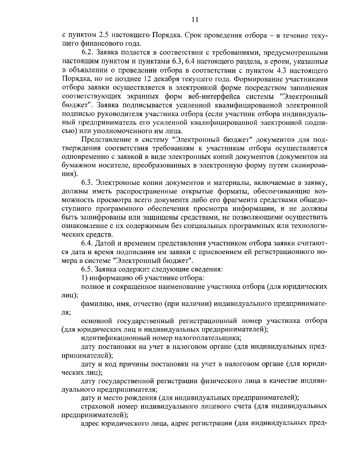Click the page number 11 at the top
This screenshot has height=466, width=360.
click(195, 20)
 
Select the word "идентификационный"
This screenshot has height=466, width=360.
click(110, 338)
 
